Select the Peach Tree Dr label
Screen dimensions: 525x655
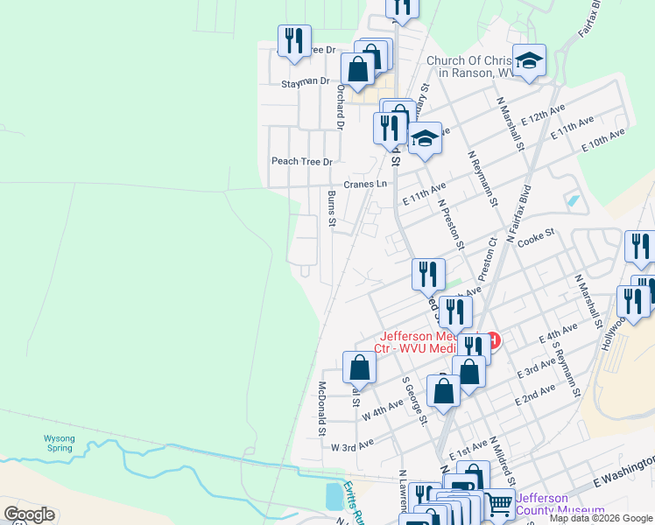(x=302, y=161)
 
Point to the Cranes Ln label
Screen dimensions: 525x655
(x=364, y=184)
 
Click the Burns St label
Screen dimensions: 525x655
(x=332, y=209)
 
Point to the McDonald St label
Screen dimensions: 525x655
(x=321, y=409)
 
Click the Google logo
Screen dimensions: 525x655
(x=29, y=514)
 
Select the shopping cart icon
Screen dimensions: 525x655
(x=498, y=502)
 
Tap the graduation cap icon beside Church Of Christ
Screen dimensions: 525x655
(x=529, y=59)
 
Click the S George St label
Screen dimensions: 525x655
(x=415, y=401)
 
